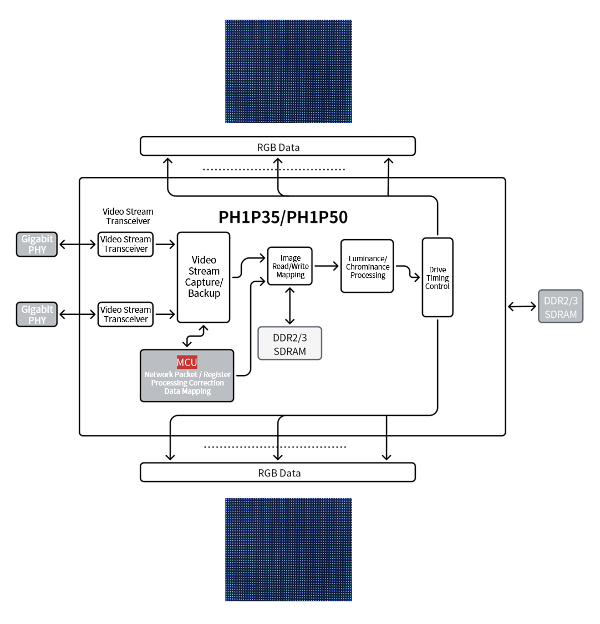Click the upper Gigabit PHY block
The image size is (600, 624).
[x=37, y=244]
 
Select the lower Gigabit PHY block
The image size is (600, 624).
[x=37, y=314]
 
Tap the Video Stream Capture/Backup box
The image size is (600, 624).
[x=204, y=277]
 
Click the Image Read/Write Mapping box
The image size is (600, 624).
[x=290, y=266]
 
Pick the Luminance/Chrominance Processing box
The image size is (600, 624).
[x=367, y=266]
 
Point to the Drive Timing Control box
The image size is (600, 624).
[x=438, y=277]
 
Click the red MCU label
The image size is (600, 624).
[x=187, y=363]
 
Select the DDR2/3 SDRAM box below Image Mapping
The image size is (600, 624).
[x=289, y=344]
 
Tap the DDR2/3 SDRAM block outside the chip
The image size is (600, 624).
[x=560, y=306]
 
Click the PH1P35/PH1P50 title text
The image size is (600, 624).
[x=283, y=217]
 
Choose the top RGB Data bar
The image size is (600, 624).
[x=278, y=146]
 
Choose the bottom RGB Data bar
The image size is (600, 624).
[x=278, y=473]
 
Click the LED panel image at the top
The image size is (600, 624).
[x=288, y=72]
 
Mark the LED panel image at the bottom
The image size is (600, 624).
[x=288, y=550]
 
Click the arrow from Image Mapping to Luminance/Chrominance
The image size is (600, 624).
[x=327, y=266]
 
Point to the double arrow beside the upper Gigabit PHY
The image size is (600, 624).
[x=78, y=244]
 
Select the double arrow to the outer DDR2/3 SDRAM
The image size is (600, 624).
[x=522, y=306]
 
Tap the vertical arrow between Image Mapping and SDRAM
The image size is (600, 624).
[x=289, y=306]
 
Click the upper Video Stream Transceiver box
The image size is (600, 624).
[x=125, y=244]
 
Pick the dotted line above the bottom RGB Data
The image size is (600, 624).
[x=275, y=447]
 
